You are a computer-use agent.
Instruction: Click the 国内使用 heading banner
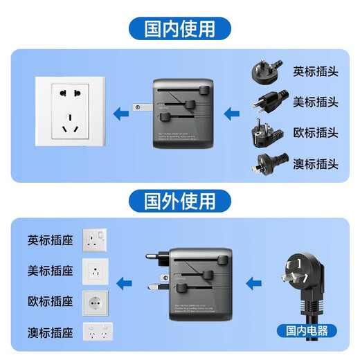pos(179,30)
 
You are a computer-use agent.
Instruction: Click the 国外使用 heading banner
pos(179,201)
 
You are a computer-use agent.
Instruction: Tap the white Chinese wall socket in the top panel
pos(69,113)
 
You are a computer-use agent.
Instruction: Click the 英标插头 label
pos(316,71)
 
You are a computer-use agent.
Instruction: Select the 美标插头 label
pos(316,102)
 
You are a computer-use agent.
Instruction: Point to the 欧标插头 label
pos(316,132)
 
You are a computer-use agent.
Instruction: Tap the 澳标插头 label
pos(316,163)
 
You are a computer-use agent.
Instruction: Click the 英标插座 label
pos(51,240)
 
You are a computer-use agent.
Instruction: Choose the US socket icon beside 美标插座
pos(96,271)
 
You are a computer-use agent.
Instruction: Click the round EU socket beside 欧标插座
pos(96,302)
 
